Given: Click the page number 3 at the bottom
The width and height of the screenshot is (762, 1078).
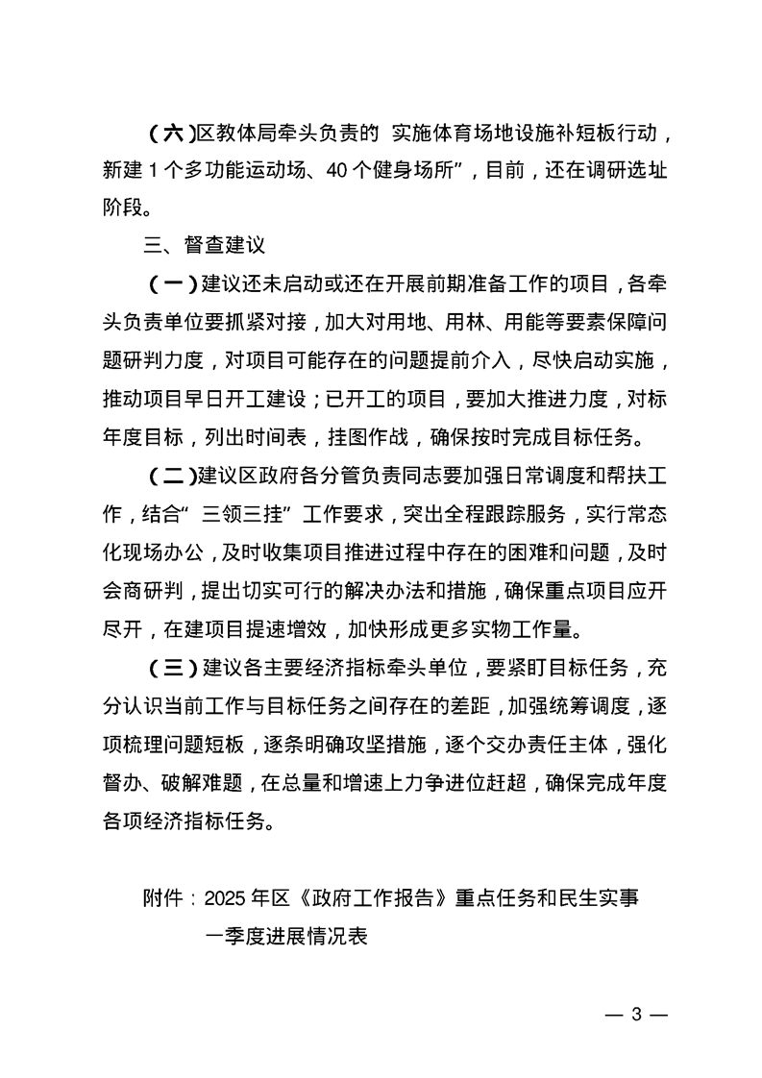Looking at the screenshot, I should [x=634, y=1017].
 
